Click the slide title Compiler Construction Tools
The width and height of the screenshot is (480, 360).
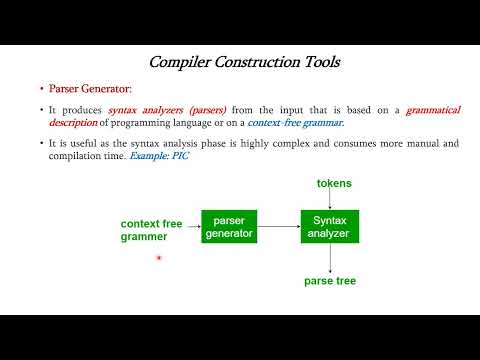point(244,62)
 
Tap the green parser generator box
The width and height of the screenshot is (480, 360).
point(229,226)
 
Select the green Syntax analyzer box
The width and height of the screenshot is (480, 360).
point(329,226)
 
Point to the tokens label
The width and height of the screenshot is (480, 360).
point(334,184)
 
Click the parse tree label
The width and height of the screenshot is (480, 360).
point(330,281)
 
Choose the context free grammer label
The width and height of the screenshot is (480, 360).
point(152,231)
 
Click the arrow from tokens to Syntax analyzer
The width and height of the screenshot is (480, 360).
point(329,200)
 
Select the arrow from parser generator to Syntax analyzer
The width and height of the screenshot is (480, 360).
point(279,226)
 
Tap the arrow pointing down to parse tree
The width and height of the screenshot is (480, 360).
point(329,257)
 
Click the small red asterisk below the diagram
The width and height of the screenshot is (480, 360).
point(158,260)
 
